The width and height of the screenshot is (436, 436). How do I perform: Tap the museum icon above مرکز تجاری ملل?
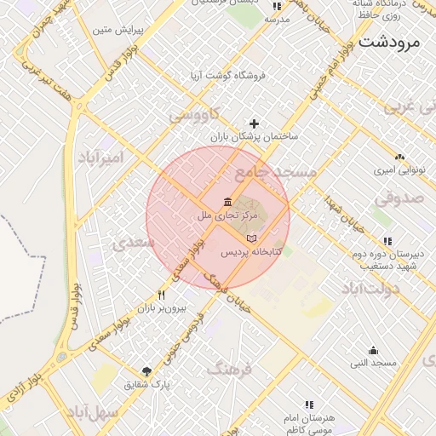tap(227, 201)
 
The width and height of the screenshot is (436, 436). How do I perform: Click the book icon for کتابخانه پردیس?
tap(250, 238)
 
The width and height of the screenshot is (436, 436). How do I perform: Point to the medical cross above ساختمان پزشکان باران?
tap(253, 123)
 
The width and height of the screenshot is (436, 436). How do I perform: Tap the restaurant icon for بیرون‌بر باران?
tap(160, 295)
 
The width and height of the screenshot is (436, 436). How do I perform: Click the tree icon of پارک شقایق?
tap(146, 371)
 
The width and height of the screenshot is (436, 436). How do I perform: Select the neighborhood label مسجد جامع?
tap(275, 172)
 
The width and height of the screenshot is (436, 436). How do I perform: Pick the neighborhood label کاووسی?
tap(195, 113)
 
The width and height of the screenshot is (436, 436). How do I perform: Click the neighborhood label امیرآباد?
tap(100, 158)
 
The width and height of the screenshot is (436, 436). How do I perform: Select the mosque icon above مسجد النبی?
tap(373, 350)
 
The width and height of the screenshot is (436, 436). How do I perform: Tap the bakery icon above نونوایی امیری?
tap(399, 157)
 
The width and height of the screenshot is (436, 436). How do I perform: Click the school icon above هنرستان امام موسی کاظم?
tap(309, 404)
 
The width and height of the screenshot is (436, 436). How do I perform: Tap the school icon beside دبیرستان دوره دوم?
tap(387, 241)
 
